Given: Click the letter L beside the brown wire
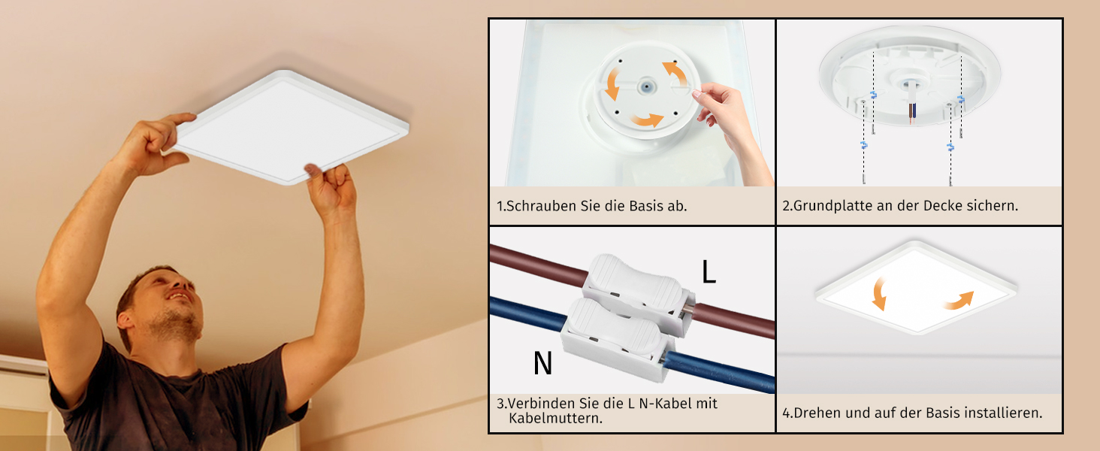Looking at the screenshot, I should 709,272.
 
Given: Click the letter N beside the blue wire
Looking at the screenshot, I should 542,363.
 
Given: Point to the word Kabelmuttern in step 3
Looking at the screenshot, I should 555,418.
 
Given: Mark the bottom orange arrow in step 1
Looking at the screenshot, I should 646,119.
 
